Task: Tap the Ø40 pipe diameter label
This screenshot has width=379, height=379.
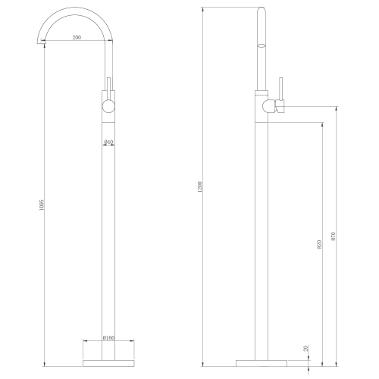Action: [x=108, y=142]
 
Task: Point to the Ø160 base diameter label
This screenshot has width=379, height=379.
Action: [x=108, y=338]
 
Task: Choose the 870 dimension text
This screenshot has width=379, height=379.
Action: [x=334, y=234]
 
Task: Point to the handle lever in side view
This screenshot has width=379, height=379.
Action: [x=280, y=89]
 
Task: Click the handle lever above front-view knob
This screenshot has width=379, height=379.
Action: [x=109, y=85]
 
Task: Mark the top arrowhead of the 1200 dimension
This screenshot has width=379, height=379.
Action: [x=204, y=8]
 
